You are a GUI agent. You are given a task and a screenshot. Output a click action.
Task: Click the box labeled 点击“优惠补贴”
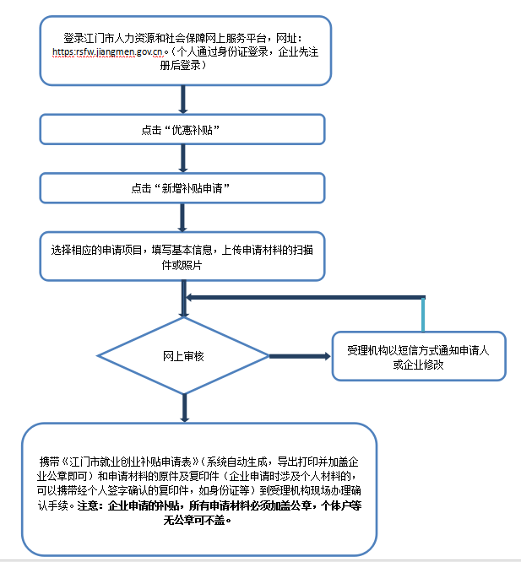182,131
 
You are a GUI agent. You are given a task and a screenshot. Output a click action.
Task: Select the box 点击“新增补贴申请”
182,189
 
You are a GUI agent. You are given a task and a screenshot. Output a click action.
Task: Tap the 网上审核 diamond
183,356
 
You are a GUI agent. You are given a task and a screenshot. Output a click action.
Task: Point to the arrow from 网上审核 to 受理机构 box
301,356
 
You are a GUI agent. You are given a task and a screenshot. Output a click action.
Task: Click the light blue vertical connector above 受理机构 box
424,315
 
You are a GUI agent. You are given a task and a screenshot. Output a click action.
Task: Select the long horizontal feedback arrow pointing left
304,297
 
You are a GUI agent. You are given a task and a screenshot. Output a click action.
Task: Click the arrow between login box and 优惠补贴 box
182,100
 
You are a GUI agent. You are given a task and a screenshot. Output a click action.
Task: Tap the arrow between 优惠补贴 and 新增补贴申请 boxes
182,159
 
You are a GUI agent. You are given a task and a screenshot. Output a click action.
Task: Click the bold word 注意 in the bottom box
89,505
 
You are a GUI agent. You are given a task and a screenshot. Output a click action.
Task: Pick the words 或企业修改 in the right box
419,365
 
